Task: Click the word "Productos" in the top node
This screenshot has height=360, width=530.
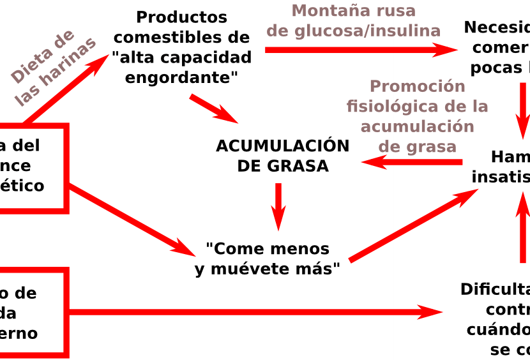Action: click(x=182, y=17)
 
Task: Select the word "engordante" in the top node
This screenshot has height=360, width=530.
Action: click(x=182, y=78)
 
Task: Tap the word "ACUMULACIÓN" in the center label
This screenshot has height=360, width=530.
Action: click(x=282, y=146)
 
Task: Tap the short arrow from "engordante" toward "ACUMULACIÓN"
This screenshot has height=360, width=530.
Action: click(x=213, y=109)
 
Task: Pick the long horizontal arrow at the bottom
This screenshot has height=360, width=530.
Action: click(x=255, y=312)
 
